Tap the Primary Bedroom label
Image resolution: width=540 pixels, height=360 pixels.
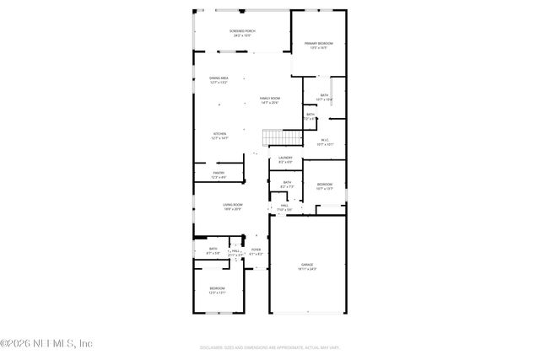point(318,45)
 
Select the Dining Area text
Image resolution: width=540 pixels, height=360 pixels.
point(219,80)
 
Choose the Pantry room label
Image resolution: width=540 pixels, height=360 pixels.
point(219,175)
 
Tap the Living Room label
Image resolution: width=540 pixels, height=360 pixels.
point(233,206)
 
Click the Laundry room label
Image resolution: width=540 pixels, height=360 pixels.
point(285,159)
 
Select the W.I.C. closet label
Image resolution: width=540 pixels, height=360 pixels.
point(324,142)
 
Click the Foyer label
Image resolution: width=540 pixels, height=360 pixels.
point(256,251)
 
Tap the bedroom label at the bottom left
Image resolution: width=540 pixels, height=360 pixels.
point(218,291)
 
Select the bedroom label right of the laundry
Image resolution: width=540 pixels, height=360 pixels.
point(324,186)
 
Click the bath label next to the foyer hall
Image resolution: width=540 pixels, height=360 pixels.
point(213,250)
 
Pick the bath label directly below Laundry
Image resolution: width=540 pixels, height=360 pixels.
point(287,184)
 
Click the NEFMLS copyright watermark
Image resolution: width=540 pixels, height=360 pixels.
point(46,343)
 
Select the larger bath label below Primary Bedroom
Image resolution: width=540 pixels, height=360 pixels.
point(324,97)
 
